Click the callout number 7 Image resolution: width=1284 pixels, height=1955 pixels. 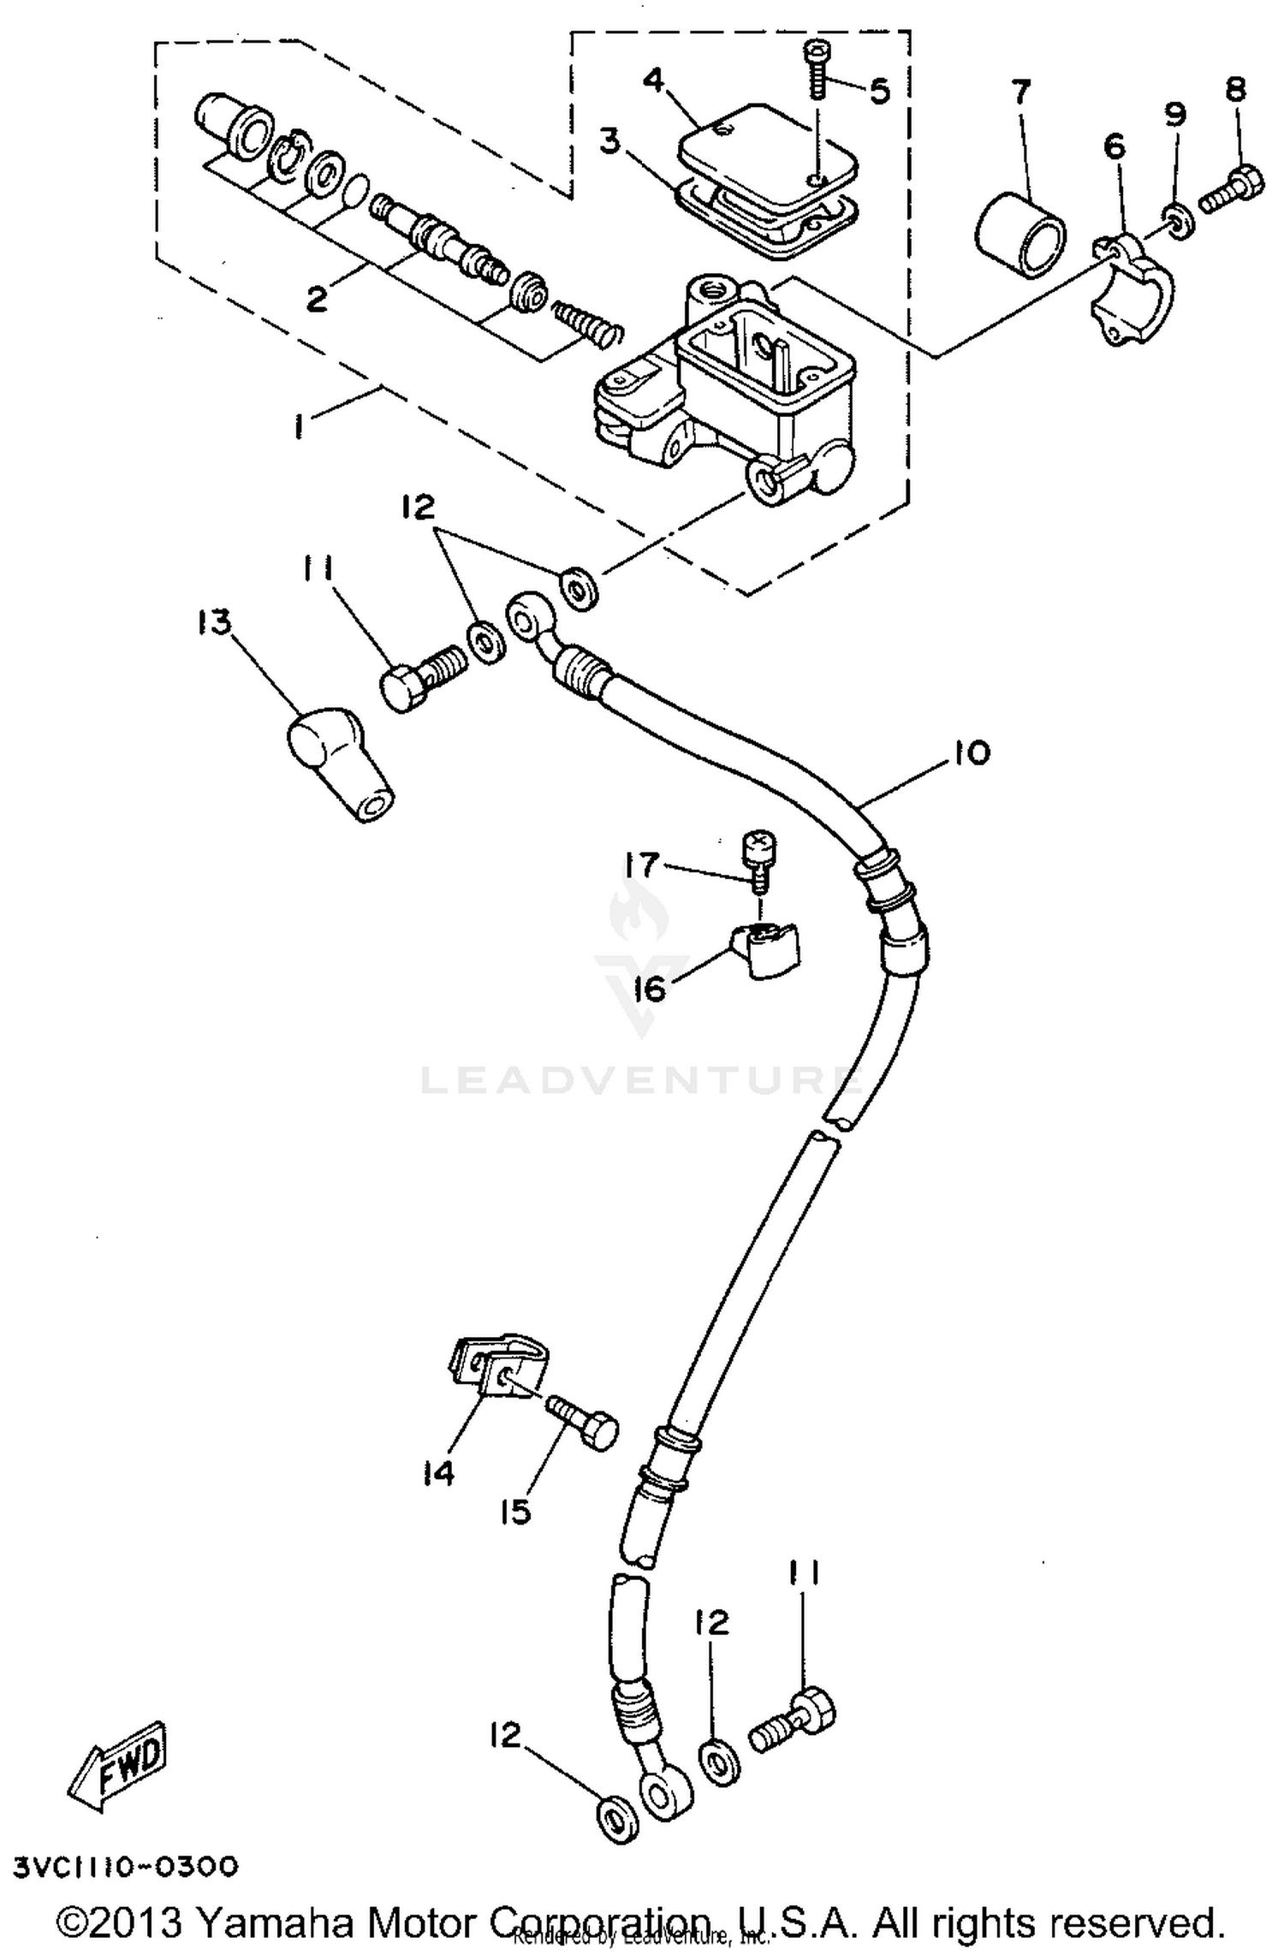[x=1020, y=92]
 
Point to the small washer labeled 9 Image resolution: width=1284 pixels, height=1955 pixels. [x=1178, y=221]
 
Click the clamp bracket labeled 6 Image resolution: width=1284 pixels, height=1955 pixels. [x=1130, y=291]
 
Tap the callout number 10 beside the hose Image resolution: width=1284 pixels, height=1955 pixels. [x=968, y=753]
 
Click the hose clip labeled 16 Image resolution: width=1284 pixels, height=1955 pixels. [x=766, y=950]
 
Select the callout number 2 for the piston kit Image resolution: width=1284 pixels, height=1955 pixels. [x=317, y=299]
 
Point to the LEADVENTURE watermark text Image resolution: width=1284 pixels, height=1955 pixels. [x=638, y=1081]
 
